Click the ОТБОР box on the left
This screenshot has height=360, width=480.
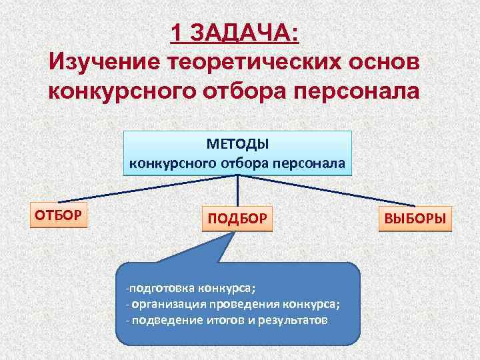click(x=59, y=214)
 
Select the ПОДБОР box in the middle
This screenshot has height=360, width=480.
click(x=237, y=218)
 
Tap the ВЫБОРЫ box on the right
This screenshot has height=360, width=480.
click(x=415, y=218)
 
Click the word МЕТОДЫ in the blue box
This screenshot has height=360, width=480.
click(x=237, y=145)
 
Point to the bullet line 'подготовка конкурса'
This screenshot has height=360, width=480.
click(x=193, y=288)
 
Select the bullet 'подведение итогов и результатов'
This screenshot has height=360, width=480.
click(x=227, y=319)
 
